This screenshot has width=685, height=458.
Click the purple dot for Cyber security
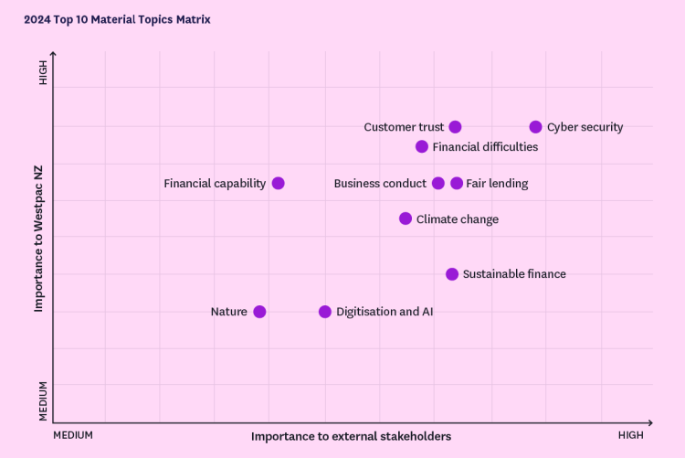536,127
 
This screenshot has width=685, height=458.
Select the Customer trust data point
455,127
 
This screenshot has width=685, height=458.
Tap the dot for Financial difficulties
422,146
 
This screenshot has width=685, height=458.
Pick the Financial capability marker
279,183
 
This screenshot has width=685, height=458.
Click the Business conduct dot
438,183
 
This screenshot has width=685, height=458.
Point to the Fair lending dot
457,183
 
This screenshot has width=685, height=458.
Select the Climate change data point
406,218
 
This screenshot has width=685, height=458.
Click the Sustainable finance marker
452,274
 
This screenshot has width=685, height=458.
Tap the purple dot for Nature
259,312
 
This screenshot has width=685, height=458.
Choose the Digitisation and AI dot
325,312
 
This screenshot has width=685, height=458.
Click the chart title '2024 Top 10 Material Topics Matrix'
117,19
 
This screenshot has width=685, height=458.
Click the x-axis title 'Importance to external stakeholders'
351,436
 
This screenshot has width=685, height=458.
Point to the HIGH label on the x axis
630,435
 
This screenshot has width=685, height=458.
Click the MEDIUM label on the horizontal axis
73,435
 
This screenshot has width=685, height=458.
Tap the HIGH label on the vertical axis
43,73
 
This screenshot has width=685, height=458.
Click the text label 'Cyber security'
585,127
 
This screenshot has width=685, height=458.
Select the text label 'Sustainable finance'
514,274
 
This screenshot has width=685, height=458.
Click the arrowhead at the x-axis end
649,422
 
